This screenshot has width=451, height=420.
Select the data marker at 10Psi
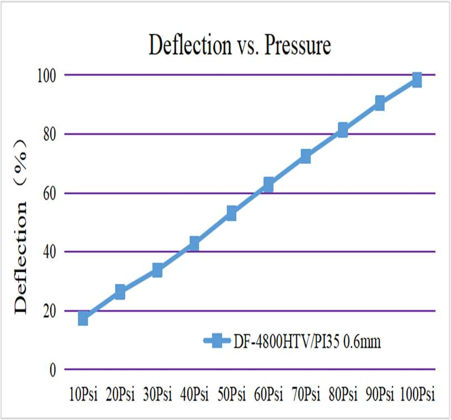pos(83,318)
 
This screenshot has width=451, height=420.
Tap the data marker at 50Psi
pos(232,213)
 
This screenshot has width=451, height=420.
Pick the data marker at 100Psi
pos(417,80)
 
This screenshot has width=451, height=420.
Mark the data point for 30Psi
pos(158,270)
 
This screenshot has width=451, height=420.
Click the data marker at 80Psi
pos(343,130)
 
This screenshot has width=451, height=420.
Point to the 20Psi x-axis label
pos(120,395)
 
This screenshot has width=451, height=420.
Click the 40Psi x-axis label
pos(194,395)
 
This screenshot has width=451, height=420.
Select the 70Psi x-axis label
pos(306,395)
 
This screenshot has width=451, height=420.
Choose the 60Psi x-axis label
pos(269,395)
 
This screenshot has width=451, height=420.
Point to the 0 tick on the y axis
pos(53,370)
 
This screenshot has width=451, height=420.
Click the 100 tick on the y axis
pos(46,75)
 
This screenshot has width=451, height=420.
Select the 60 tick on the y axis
pos(49,193)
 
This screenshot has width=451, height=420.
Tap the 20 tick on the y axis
pos(49,311)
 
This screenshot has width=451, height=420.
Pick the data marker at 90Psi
pos(380,103)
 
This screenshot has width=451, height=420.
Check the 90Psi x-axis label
pos(380,395)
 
